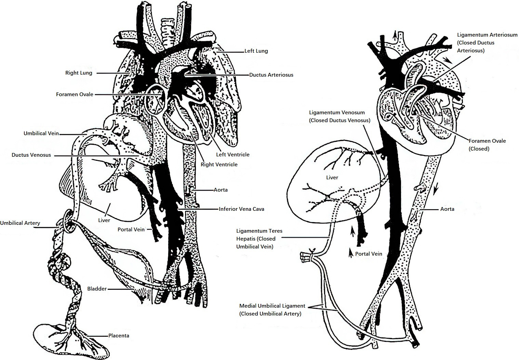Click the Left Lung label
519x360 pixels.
[x=256, y=51]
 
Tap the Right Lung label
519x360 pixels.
[x=79, y=73]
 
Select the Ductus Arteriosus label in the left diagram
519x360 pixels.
[x=271, y=75]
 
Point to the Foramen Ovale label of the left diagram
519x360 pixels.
[x=75, y=94]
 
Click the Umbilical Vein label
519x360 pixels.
[x=41, y=133]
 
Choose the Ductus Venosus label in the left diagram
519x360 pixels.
[x=31, y=155]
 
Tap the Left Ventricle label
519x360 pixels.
[x=233, y=154]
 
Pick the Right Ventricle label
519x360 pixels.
[x=219, y=165]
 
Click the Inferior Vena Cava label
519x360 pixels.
[x=241, y=209]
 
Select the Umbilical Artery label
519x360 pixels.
[x=20, y=223]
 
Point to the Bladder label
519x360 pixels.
[x=97, y=289]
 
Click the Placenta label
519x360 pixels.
[x=119, y=336]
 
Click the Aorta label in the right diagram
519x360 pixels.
[x=447, y=209]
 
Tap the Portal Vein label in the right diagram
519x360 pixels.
[x=369, y=254]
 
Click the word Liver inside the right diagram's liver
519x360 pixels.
[x=332, y=178]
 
